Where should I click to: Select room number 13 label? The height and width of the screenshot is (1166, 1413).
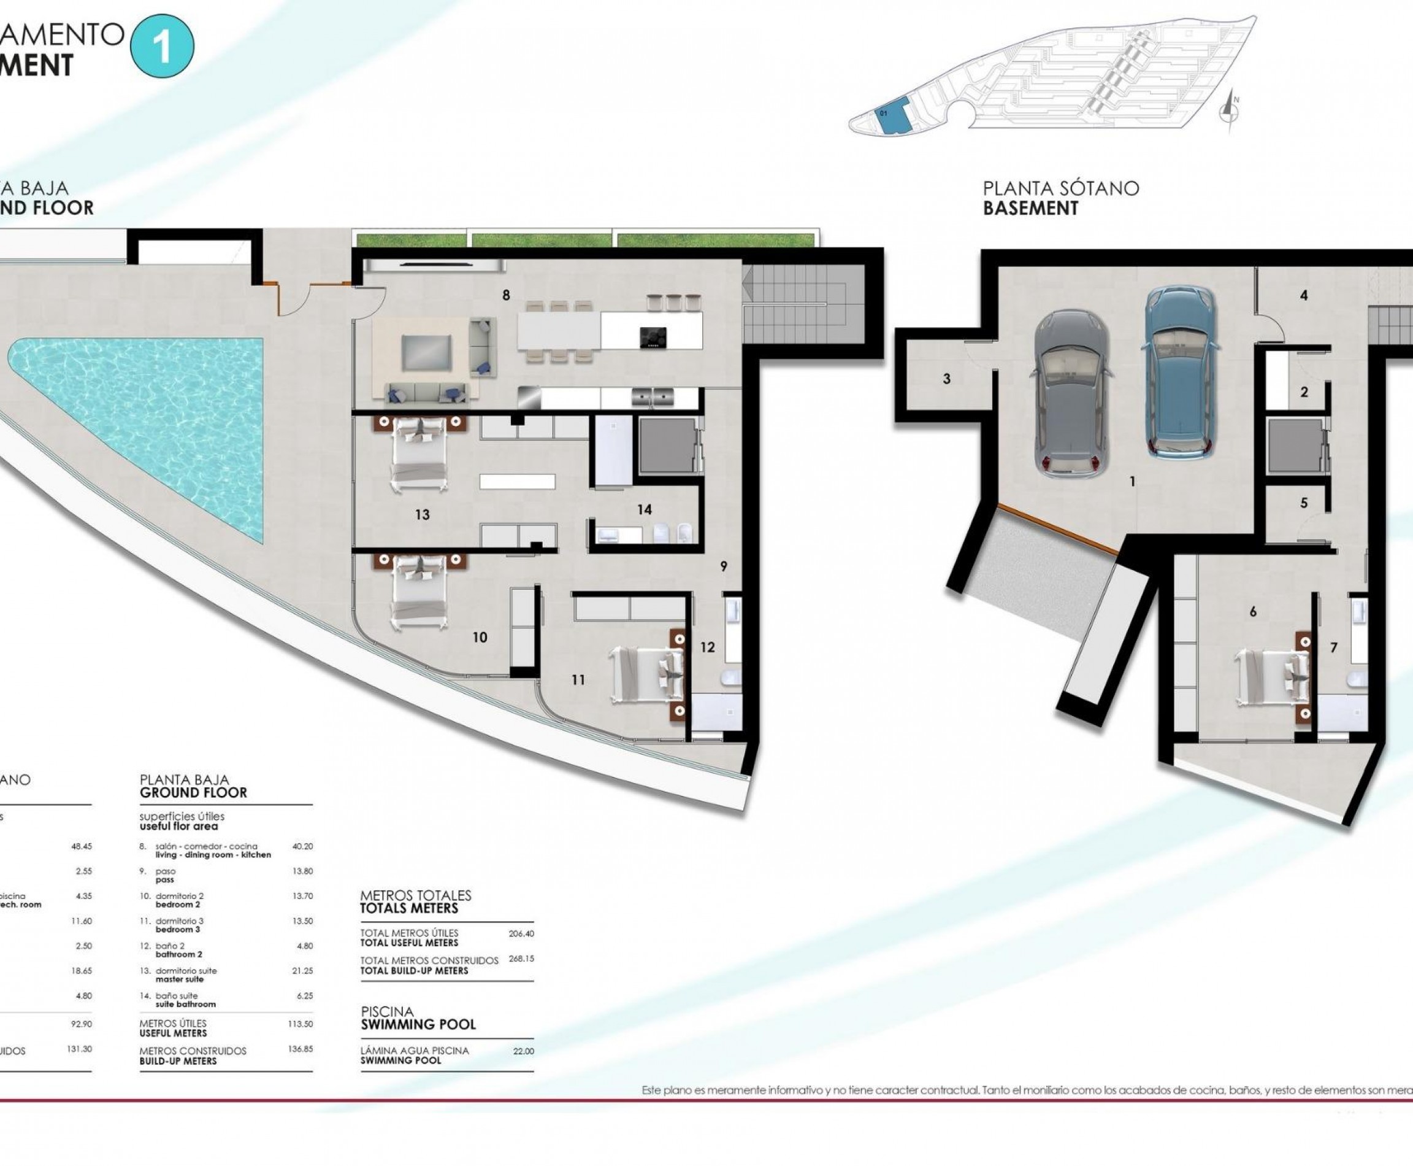tap(422, 514)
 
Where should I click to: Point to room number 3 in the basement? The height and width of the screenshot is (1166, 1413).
tap(946, 379)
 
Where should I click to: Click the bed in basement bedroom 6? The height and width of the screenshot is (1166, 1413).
tap(1273, 676)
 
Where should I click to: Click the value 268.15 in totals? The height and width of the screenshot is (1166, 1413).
tap(521, 959)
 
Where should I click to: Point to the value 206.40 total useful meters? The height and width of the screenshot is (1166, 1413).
tap(521, 933)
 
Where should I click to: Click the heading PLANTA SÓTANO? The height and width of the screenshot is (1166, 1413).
tap(1060, 189)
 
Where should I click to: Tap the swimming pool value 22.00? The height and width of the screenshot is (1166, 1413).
tap(523, 1051)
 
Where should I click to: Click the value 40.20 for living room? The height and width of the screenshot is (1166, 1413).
tap(302, 847)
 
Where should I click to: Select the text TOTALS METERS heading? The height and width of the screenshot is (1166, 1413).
tap(409, 908)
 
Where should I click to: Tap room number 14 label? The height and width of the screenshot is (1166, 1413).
tap(645, 510)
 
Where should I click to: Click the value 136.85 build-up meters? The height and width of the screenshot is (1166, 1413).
tap(300, 1048)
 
